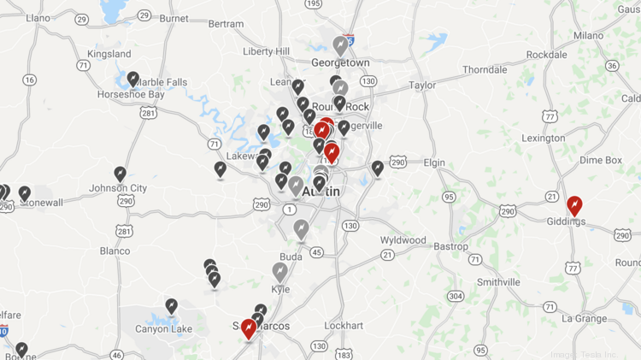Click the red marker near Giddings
(574, 205)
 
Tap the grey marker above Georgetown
(340, 45)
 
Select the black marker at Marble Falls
(133, 80)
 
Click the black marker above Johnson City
(121, 174)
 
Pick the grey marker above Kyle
(280, 272)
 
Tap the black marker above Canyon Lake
(171, 306)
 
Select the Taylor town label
(422, 86)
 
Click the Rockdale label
(546, 55)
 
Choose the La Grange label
(585, 318)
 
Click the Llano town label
(38, 17)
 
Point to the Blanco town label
(115, 251)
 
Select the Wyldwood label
(403, 240)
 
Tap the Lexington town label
(544, 138)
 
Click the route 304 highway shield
(456, 296)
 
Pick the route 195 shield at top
(314, 4)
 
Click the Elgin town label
(434, 162)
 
